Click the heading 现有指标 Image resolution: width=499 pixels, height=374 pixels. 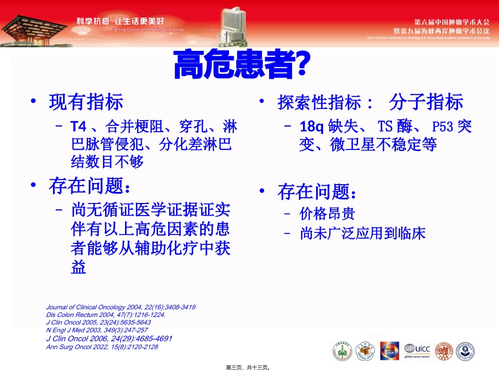coord(86,102)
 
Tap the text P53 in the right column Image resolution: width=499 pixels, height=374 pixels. coord(442,126)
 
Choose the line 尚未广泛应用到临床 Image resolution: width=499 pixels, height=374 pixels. coord(362,233)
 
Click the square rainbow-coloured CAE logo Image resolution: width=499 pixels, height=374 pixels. coord(389,350)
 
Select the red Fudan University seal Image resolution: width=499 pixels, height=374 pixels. coord(445,350)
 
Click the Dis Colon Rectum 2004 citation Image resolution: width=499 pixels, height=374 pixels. coord(106,315)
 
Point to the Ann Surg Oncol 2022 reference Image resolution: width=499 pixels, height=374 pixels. coord(102,347)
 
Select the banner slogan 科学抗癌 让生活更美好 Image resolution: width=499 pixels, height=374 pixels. coord(120,21)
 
